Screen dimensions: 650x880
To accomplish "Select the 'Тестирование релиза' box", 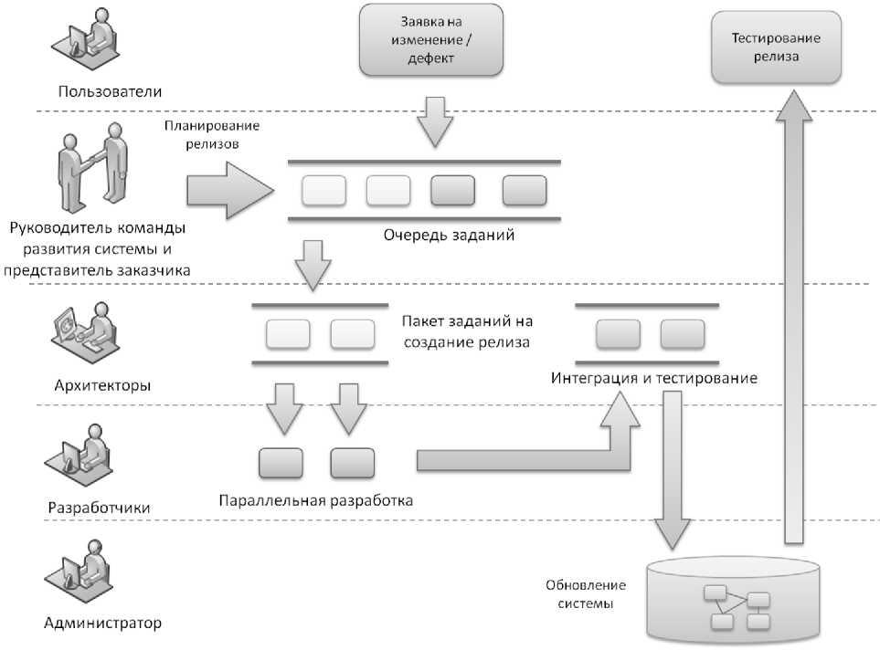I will point(776,47).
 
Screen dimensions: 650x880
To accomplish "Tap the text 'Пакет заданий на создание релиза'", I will point(466,332).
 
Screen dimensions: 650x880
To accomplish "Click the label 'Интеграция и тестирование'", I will point(653,377).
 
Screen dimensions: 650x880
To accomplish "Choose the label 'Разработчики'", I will point(99,507).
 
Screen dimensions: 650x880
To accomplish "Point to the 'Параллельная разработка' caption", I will point(316,500).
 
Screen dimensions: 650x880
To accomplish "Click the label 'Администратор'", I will point(102,624).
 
